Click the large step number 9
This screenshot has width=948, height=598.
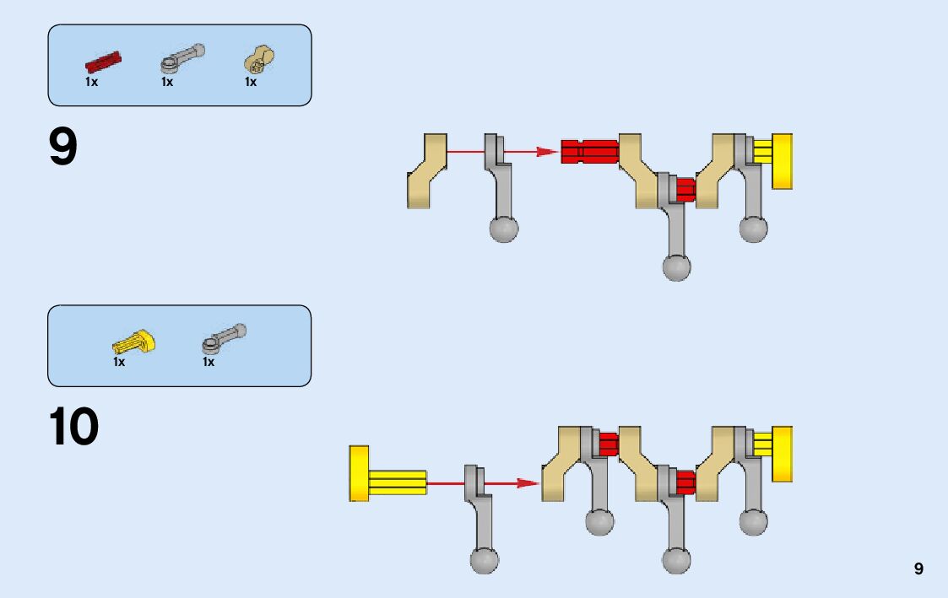[x=63, y=148]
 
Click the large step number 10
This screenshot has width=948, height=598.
[x=74, y=428]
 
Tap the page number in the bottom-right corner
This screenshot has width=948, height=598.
[x=918, y=569]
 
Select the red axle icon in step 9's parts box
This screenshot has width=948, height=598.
[x=103, y=62]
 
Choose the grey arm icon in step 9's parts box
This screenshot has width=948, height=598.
[x=181, y=59]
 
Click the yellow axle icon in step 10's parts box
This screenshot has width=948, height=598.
[x=133, y=342]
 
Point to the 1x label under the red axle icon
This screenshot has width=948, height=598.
[x=91, y=83]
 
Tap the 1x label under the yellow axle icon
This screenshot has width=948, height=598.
[x=119, y=362]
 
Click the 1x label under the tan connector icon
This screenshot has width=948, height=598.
[x=251, y=83]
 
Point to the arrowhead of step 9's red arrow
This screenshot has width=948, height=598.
[x=550, y=152]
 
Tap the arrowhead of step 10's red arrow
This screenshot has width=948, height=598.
[x=529, y=483]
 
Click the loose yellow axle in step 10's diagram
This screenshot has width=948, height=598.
[x=387, y=474]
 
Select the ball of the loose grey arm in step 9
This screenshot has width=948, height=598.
[x=504, y=229]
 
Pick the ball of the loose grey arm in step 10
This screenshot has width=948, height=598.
[x=484, y=560]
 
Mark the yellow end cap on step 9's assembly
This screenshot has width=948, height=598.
[x=782, y=161]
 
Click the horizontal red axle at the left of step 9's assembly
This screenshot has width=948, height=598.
[x=589, y=151]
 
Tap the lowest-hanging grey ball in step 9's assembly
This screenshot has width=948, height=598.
[x=676, y=267]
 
